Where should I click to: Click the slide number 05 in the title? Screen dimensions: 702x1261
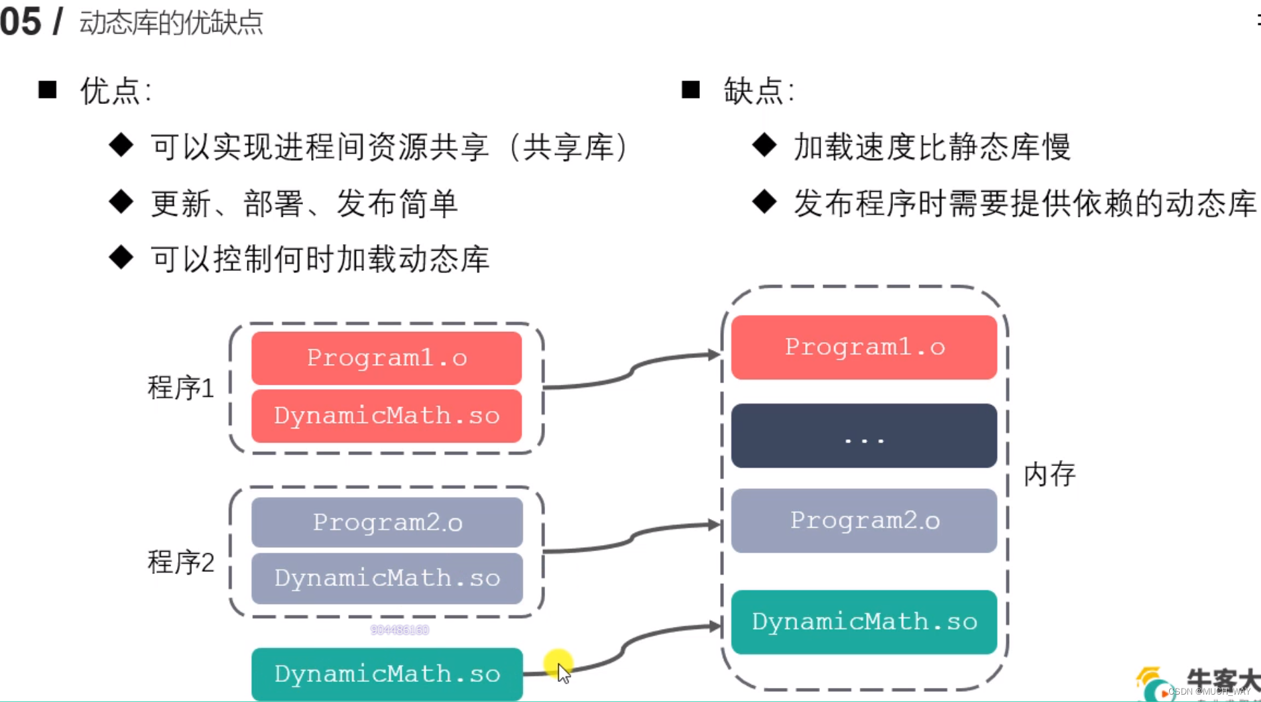point(21,21)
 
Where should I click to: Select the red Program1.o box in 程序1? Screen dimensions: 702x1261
point(386,358)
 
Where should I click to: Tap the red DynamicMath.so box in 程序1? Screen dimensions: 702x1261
point(386,416)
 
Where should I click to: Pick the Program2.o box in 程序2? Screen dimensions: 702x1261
point(387,522)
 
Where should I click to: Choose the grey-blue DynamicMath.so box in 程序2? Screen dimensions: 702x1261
point(387,578)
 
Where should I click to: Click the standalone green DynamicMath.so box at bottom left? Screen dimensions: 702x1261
point(387,674)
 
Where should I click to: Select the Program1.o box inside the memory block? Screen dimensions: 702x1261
point(864,347)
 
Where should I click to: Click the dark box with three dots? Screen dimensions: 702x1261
point(864,436)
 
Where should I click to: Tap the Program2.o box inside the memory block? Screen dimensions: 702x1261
point(864,520)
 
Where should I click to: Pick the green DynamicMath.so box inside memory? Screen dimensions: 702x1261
point(864,622)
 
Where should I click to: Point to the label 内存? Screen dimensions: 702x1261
point(1049,475)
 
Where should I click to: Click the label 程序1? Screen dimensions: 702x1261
point(180,388)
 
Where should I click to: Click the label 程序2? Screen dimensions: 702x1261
point(180,562)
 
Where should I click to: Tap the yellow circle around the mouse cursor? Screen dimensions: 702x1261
point(558,664)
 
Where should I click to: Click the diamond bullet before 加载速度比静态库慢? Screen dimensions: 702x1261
point(764,145)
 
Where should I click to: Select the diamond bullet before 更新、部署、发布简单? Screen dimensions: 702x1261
point(121,202)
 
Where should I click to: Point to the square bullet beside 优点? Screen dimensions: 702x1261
point(48,90)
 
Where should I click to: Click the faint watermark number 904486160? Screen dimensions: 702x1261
point(400,630)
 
